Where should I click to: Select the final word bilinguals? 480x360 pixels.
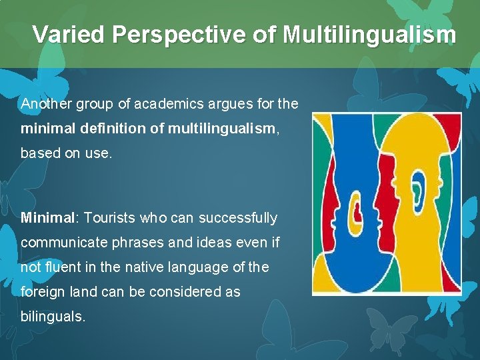[x=53, y=317]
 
